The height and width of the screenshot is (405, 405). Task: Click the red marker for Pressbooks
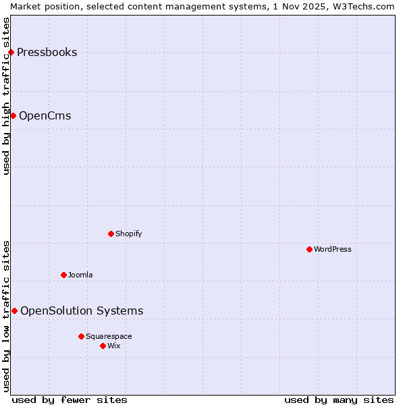point(11,53)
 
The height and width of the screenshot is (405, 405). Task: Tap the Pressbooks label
point(47,53)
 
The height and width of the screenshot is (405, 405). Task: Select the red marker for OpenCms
point(13,116)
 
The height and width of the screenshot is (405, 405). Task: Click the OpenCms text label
point(45,116)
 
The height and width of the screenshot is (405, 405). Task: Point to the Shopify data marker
point(111,234)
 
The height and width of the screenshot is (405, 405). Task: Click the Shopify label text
point(128,234)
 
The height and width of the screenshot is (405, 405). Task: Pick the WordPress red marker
point(309,250)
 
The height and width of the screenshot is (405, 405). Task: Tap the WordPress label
point(332,250)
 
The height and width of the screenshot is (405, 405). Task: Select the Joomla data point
point(63,275)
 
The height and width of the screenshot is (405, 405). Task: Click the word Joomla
point(80,275)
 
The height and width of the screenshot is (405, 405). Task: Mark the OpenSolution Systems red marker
point(14,311)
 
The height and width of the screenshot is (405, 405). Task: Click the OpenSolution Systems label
point(82,311)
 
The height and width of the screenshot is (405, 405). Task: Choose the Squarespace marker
point(81,336)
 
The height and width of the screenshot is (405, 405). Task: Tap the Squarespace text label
point(109,337)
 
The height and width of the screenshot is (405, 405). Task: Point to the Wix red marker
point(103,346)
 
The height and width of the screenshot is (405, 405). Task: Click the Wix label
point(114,346)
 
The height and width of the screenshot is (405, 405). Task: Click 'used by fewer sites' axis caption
point(70,400)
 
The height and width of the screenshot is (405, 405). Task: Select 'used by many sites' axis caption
point(339,400)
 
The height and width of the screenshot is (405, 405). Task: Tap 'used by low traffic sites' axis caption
point(7,316)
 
